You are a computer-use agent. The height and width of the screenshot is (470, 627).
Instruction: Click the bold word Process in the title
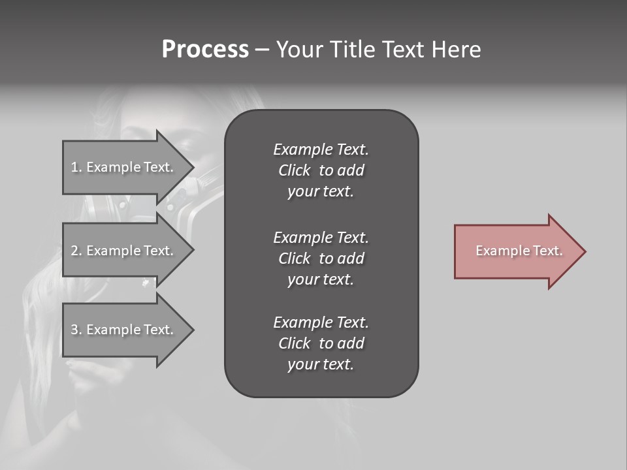coord(205,50)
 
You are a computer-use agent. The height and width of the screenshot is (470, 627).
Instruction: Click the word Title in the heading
coord(351,50)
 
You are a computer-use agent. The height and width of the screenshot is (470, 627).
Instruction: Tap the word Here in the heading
coord(457,50)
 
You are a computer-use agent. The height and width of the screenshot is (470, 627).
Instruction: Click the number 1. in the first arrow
coord(76,167)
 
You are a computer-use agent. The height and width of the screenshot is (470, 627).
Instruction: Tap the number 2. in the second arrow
coord(76,251)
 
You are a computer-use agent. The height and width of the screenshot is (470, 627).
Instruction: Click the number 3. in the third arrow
coord(76,330)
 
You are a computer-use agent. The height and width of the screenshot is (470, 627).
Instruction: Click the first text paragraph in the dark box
coord(321,170)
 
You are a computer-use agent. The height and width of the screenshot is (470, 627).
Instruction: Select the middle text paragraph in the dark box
coord(321,258)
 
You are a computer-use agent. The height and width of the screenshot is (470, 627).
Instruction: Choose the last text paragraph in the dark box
coord(321,343)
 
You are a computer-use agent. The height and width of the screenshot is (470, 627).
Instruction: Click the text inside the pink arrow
coord(519,251)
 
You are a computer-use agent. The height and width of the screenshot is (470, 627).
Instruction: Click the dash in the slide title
coord(262,50)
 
